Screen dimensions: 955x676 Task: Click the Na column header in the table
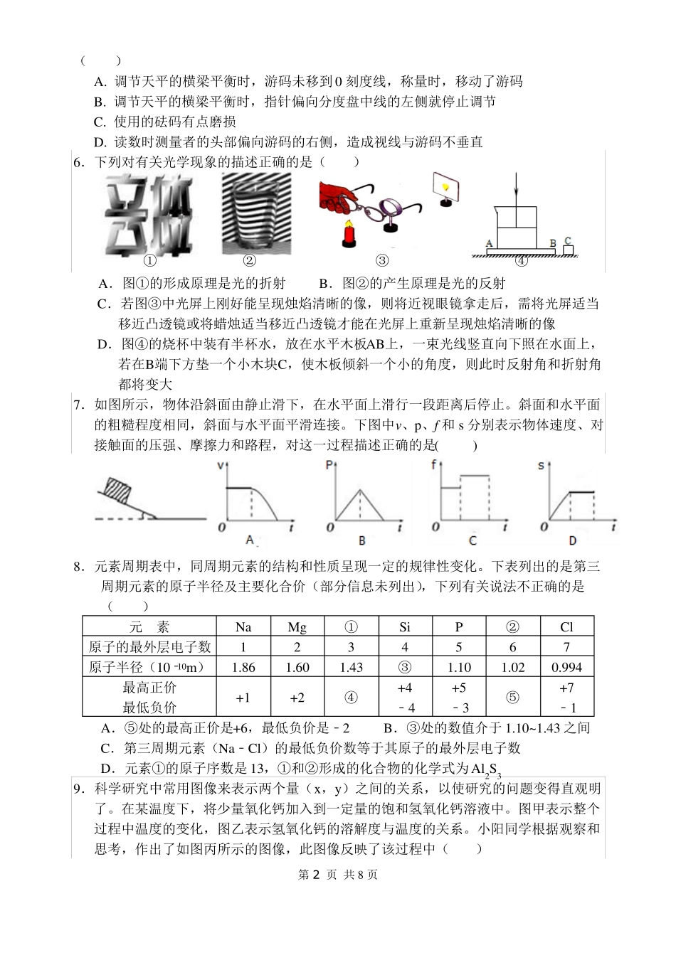pos(243,627)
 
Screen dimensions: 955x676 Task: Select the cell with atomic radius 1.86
pos(243,667)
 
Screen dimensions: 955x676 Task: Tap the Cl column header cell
pos(566,627)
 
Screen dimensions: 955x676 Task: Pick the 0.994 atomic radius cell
pos(566,667)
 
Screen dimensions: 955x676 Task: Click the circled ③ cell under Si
pos(405,667)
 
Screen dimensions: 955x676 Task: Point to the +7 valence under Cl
pos(566,688)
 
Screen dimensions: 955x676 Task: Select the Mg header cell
pos(297,627)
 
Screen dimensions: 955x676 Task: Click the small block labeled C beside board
pos(568,249)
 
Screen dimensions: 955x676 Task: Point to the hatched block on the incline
pos(119,491)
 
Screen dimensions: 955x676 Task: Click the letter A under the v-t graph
pos(250,541)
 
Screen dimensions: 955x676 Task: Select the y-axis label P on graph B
pos(329,466)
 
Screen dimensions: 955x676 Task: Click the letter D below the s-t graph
pos(573,541)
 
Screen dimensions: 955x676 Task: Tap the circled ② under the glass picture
pos(249,260)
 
